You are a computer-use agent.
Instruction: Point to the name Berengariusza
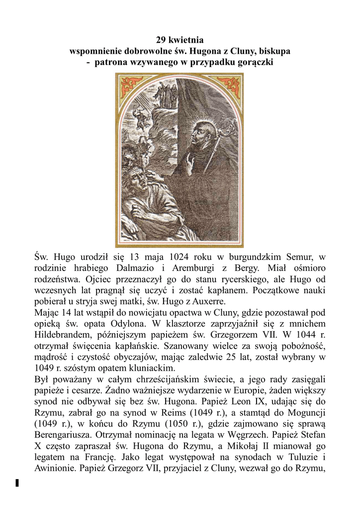click(x=65, y=434)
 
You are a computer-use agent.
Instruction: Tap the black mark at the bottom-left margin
click(x=17, y=483)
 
